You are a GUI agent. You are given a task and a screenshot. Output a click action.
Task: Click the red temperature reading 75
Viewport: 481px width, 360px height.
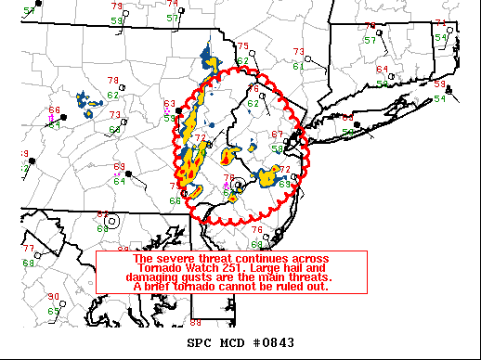242,46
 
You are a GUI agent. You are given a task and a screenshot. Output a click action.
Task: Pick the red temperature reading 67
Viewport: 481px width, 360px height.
276,135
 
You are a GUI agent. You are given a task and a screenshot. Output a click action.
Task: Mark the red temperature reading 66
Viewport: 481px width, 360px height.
54,110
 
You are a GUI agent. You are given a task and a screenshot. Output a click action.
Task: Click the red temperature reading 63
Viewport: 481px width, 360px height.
170,104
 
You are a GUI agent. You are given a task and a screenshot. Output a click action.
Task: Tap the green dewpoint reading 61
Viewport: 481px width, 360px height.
298,66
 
